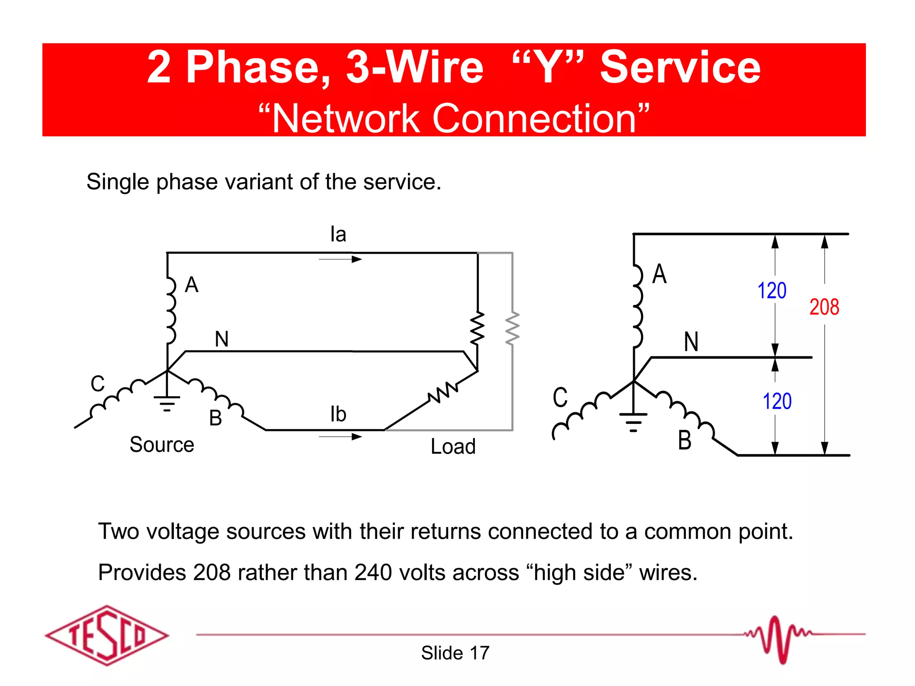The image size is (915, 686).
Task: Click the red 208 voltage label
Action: (824, 307)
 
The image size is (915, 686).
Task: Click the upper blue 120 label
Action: (772, 291)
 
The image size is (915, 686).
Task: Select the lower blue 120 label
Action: (777, 401)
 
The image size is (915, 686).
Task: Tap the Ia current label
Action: (338, 234)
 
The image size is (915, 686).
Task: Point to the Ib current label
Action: (338, 414)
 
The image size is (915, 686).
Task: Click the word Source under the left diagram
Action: (162, 444)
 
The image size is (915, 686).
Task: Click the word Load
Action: (453, 446)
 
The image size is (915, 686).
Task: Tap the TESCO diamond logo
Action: (107, 635)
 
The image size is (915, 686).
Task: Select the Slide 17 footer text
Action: (455, 653)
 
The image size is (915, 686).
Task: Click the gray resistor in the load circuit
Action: (512, 329)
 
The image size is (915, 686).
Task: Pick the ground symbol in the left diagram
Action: (167, 403)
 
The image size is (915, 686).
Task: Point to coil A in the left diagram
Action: (170, 310)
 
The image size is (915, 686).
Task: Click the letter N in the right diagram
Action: (691, 342)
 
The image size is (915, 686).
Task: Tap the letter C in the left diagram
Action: (97, 384)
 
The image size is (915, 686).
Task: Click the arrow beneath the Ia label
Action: (340, 259)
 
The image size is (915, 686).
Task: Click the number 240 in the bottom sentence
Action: (373, 573)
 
